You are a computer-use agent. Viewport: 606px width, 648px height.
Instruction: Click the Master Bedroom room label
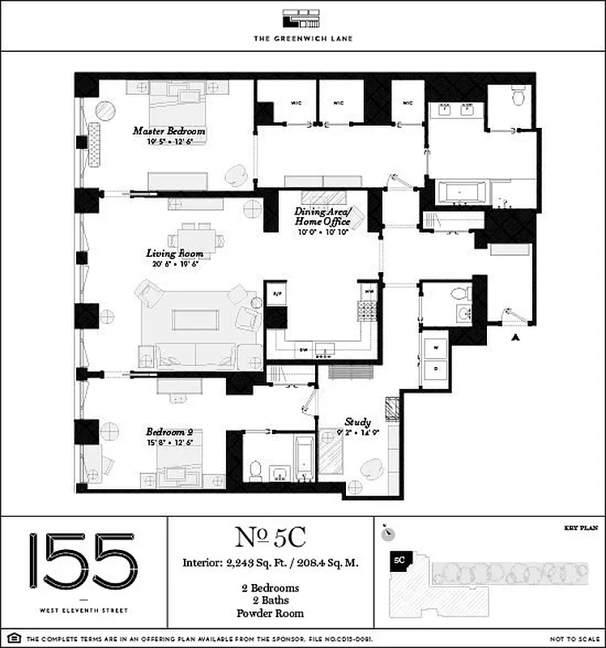(169, 130)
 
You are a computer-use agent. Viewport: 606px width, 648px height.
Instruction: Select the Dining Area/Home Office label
(322, 216)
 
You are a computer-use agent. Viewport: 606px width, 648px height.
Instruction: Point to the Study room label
(357, 422)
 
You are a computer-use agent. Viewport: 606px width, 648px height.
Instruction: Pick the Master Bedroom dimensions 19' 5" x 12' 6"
(169, 142)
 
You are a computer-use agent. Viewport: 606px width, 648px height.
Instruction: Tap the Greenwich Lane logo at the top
(303, 19)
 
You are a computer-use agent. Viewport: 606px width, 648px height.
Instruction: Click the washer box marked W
(436, 347)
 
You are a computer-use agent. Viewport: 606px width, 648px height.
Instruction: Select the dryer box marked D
(436, 369)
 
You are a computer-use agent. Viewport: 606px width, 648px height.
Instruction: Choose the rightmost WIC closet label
(408, 103)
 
